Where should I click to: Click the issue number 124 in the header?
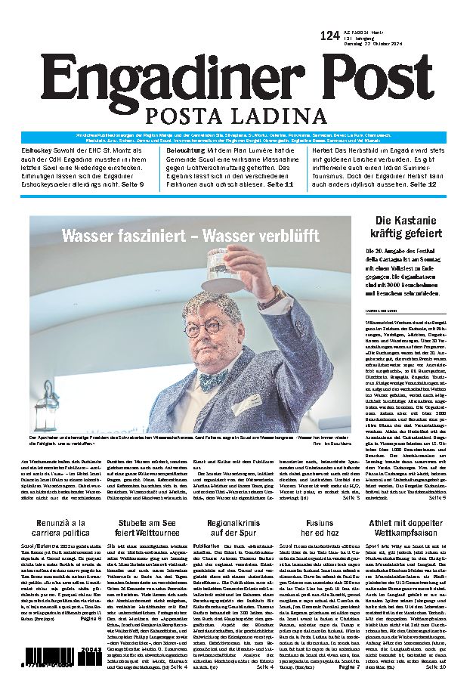(x=329, y=36)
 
